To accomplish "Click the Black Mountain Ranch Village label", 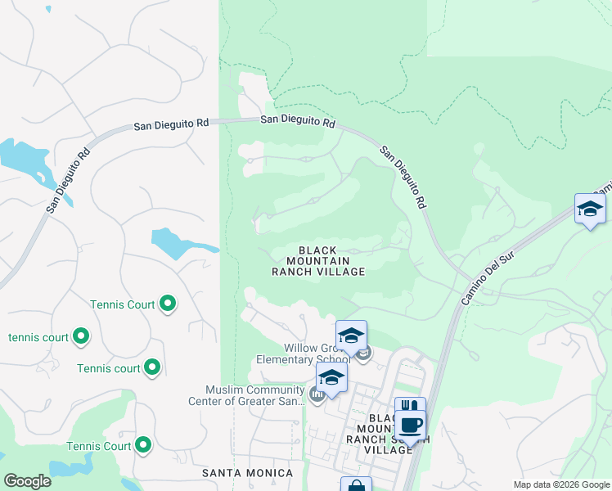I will point(318,260).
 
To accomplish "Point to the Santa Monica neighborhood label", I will point(248,473).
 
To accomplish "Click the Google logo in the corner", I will point(27,481).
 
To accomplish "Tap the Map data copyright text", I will point(561,484).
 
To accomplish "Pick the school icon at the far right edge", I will point(590,209).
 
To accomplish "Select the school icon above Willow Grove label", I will point(351,336).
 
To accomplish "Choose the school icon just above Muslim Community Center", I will point(331,376).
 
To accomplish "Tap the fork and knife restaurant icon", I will point(410,408).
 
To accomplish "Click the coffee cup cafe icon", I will point(411,426).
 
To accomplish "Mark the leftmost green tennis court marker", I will point(81,336).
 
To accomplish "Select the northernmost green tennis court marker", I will point(168,304).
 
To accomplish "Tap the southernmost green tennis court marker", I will point(143,446).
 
